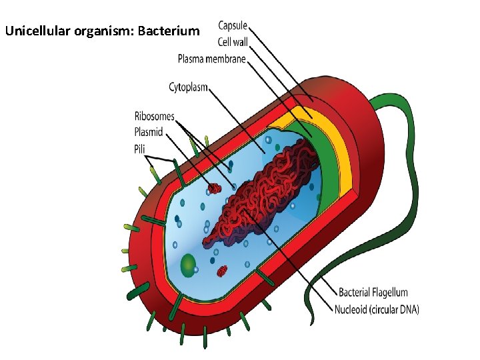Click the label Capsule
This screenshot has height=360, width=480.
point(233,26)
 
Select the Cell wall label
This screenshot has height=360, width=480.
point(232,42)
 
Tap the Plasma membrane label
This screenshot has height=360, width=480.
point(211,59)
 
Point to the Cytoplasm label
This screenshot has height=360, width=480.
point(188,87)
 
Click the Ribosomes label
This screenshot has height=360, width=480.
point(154,116)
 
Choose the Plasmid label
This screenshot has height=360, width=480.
point(149,132)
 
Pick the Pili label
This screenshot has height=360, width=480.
point(139,148)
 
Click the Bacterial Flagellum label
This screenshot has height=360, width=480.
point(373,292)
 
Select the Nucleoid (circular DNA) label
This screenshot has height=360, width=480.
point(376,309)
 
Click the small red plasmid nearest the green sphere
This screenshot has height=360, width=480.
point(222,271)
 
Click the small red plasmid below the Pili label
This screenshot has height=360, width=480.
point(214,189)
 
